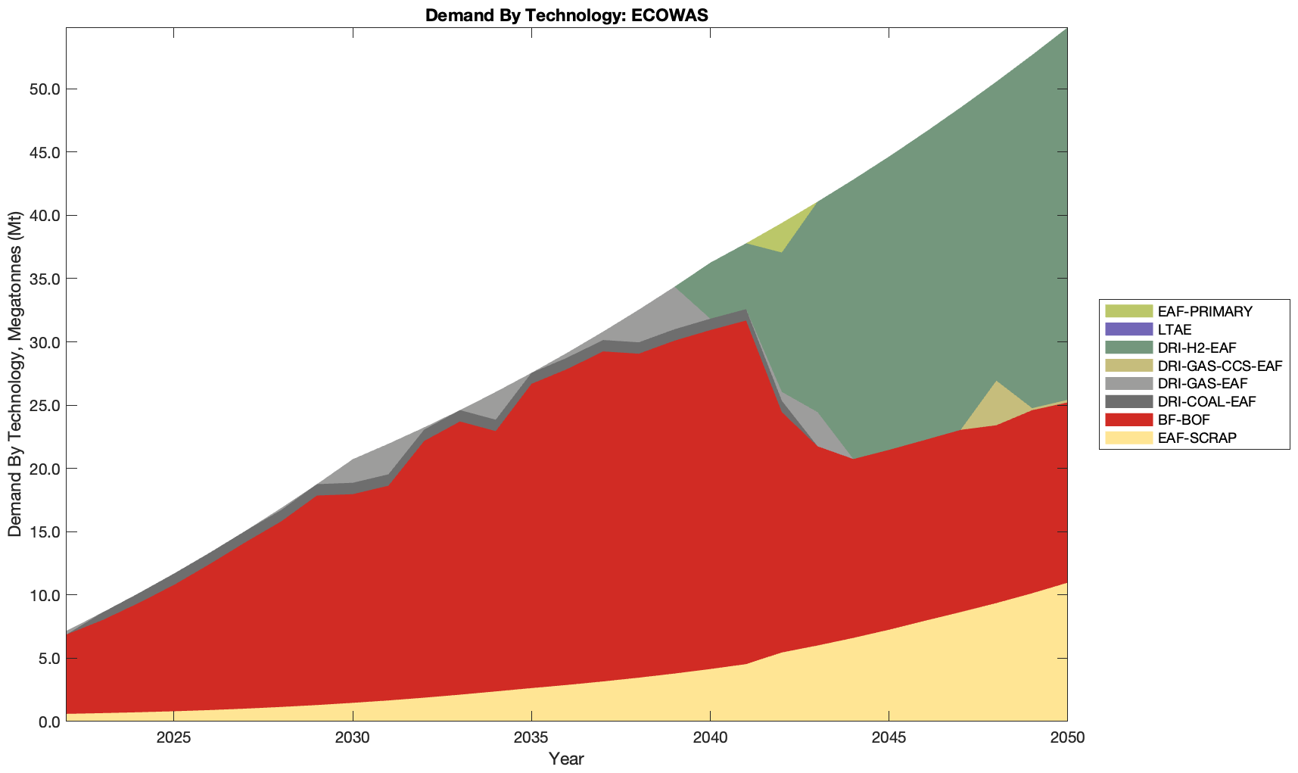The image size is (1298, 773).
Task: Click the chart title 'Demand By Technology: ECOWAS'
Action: click(x=566, y=15)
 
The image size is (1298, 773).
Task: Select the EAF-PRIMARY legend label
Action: click(x=1205, y=311)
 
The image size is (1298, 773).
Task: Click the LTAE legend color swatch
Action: click(x=1128, y=329)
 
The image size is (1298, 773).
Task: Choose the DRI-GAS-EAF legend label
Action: click(x=1203, y=384)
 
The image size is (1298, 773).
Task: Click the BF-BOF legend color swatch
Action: click(x=1128, y=419)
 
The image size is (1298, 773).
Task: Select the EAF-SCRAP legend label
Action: click(x=1197, y=438)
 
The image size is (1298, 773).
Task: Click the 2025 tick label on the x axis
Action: click(x=173, y=738)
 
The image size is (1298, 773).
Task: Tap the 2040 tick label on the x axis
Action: click(x=710, y=738)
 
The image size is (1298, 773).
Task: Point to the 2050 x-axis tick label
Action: click(x=1067, y=738)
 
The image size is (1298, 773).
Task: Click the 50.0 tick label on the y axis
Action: click(x=45, y=89)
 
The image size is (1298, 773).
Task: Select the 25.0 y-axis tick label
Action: click(x=45, y=406)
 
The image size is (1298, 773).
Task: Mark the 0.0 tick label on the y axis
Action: click(x=48, y=722)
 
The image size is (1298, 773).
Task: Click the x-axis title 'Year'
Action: click(x=566, y=759)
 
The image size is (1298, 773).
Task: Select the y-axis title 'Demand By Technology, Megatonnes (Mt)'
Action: click(x=15, y=374)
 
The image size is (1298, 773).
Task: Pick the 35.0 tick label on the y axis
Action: click(x=45, y=279)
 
